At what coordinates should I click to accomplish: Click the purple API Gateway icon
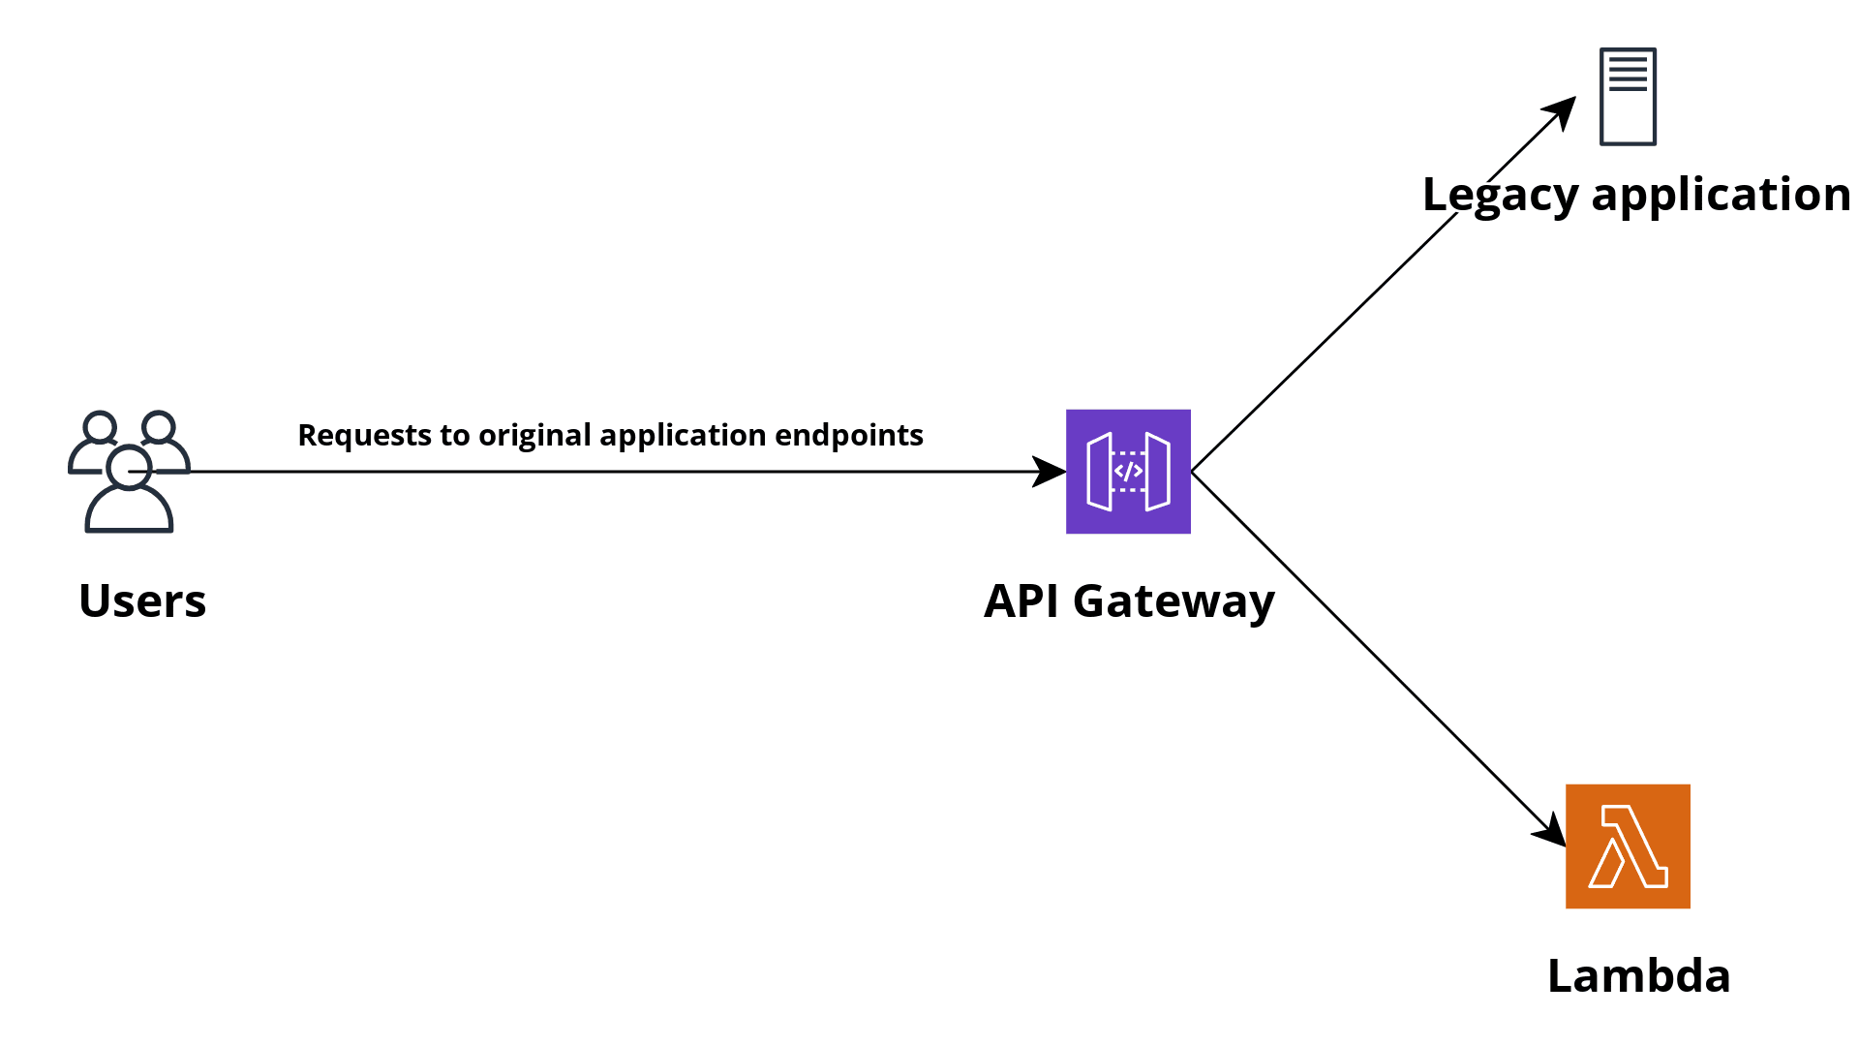[x=1128, y=472]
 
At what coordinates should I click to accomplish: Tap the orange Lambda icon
[x=1628, y=846]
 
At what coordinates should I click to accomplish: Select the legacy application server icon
[x=1628, y=97]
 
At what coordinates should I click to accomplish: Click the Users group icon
[x=129, y=472]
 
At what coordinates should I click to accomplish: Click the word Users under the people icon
[x=142, y=600]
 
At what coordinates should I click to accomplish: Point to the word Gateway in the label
[x=1173, y=601]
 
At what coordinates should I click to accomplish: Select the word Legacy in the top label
[x=1500, y=195]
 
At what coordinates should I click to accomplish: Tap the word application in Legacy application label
[x=1721, y=195]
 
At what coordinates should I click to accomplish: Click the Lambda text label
[x=1638, y=975]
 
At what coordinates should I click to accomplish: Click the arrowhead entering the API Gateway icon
[x=1050, y=472]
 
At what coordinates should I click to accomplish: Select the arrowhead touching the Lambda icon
[x=1551, y=831]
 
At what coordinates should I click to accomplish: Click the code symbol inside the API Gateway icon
[x=1128, y=471]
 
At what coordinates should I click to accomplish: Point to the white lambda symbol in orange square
[x=1630, y=846]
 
